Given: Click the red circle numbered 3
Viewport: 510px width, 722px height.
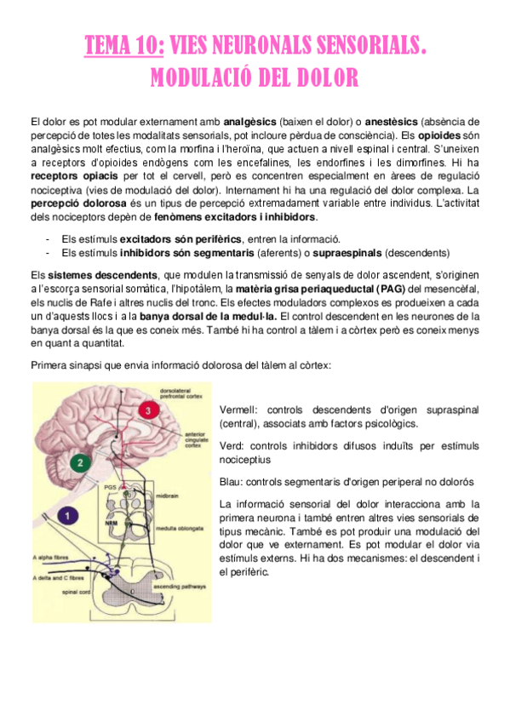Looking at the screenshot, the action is (151, 411).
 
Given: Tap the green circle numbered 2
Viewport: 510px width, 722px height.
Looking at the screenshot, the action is (79, 463).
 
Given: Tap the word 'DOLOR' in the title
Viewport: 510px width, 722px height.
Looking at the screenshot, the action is (323, 78).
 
